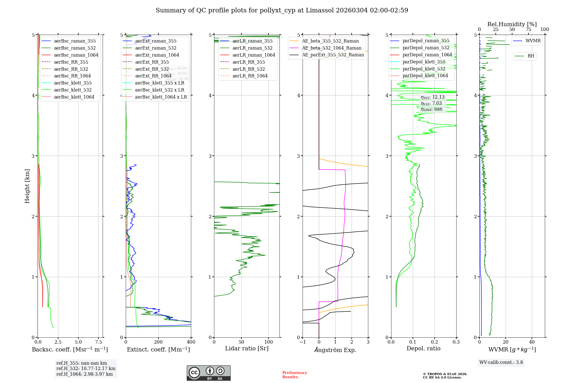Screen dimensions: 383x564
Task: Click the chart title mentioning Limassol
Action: pos(282,10)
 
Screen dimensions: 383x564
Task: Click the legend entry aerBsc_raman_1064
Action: pos(76,55)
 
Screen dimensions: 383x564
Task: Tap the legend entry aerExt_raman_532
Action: pos(156,48)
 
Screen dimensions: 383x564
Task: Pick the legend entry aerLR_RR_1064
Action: pos(250,76)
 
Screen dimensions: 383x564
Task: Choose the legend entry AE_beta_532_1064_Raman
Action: pos(332,48)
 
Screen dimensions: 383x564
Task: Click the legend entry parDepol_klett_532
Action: pos(424,69)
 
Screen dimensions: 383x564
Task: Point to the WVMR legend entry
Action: pos(533,41)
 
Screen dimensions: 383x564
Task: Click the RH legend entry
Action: pos(531,56)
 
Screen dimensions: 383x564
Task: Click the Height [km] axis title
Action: pos(27,186)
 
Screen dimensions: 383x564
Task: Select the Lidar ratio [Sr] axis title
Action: pos(247,348)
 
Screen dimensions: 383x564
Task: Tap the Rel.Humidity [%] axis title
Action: pos(512,24)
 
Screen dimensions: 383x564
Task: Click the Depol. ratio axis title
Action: pos(423,348)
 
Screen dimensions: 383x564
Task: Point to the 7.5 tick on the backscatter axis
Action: pos(99,342)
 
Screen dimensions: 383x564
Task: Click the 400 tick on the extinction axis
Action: pos(191,342)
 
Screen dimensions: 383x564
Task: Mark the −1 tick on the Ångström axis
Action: pos(303,342)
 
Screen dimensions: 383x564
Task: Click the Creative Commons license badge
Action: pos(208,373)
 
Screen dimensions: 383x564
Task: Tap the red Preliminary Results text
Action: pos(294,375)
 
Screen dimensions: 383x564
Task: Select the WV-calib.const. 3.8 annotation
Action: pos(501,362)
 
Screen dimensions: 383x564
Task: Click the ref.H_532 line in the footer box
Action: pos(86,369)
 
